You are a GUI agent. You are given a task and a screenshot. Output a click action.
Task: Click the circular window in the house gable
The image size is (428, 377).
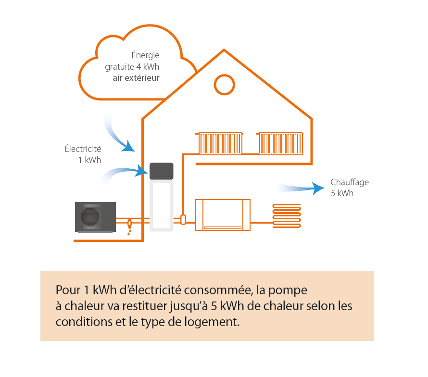coord(224,85)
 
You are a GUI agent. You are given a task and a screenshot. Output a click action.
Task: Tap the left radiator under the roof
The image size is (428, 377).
coord(220,143)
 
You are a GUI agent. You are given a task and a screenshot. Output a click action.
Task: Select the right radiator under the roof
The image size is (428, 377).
coord(281,143)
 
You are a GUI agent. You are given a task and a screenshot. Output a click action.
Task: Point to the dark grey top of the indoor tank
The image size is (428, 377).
coord(161,171)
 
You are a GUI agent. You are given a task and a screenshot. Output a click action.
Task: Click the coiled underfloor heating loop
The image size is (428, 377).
coord(287,216)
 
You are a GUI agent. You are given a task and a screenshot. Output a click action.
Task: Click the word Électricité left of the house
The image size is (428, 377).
coord(83,149)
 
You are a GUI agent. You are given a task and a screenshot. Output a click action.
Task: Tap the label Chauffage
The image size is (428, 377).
coord(350,182)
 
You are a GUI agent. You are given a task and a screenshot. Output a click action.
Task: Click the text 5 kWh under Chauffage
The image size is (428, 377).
coord(342,193)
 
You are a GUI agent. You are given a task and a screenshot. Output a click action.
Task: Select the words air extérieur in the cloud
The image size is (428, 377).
coord(136,77)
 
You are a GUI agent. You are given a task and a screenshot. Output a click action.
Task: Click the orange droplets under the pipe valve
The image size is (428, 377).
coord(129,232)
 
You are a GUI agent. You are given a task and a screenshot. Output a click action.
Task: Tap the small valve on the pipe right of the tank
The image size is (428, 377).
coord(183,219)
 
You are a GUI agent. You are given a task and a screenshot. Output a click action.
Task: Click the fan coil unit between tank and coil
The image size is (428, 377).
coord(223,215)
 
